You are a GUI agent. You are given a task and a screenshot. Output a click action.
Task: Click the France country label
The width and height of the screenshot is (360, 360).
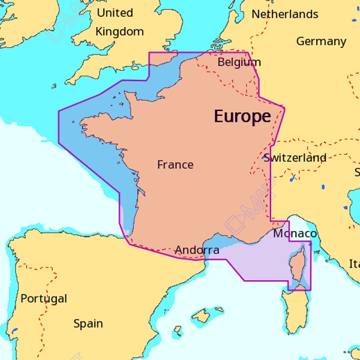point(175,164)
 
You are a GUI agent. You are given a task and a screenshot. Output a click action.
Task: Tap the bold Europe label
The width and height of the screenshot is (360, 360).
point(242,116)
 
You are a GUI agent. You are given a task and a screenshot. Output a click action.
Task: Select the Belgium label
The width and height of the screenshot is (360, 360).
point(239,62)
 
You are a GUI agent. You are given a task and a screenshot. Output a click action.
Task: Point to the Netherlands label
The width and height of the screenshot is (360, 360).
point(285,14)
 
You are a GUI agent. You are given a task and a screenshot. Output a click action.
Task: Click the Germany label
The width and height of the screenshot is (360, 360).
point(321,41)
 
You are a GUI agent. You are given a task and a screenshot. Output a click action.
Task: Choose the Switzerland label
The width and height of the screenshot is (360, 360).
point(295,158)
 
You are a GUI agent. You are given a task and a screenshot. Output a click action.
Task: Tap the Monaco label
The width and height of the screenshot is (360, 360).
point(295,233)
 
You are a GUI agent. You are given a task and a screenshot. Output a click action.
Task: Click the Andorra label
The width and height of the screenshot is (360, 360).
point(197,250)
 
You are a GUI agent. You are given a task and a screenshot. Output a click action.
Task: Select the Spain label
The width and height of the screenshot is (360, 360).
point(88,323)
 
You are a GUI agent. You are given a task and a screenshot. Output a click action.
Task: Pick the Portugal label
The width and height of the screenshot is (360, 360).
point(44,298)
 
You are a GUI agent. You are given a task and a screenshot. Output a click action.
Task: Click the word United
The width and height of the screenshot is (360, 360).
point(115,13)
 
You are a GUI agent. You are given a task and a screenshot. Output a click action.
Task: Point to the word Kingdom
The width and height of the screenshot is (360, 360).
point(120,32)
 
